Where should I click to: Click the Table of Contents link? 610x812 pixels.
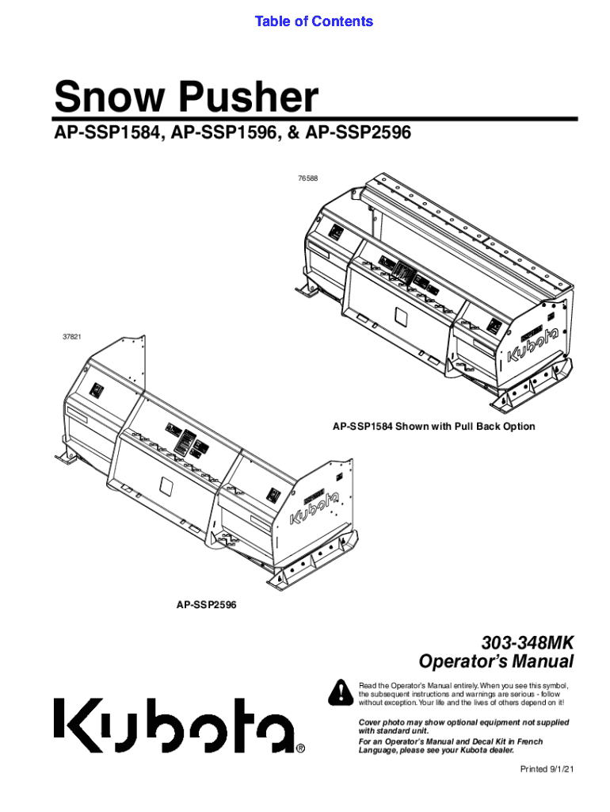tap(314, 21)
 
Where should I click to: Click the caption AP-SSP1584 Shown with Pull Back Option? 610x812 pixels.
tap(433, 427)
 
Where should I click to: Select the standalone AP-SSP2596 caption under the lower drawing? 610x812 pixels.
tap(206, 605)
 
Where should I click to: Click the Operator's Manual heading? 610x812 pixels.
tap(496, 661)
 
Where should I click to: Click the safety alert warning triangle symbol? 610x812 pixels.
tap(341, 692)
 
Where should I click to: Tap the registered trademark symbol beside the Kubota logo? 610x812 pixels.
tap(300, 748)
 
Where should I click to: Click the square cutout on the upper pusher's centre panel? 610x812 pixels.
tap(401, 318)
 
